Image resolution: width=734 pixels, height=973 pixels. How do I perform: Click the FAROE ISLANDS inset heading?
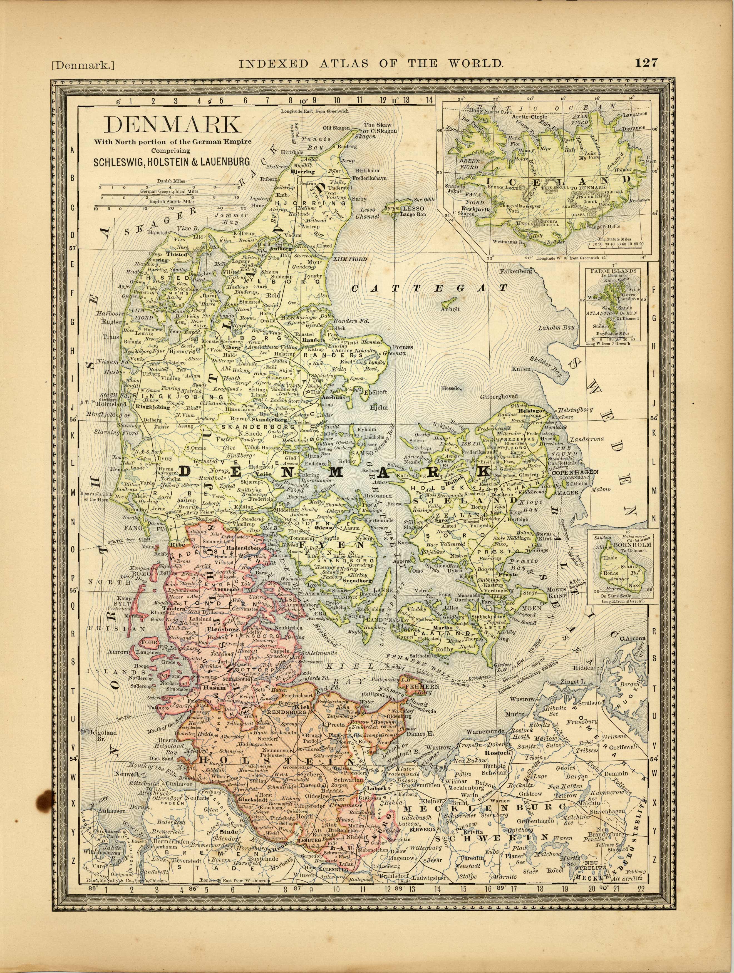613,271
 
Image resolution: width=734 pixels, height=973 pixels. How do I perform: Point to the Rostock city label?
497,753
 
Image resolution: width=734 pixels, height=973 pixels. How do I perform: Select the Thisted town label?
177,254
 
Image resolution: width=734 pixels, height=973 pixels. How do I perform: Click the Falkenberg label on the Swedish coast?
515,271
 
